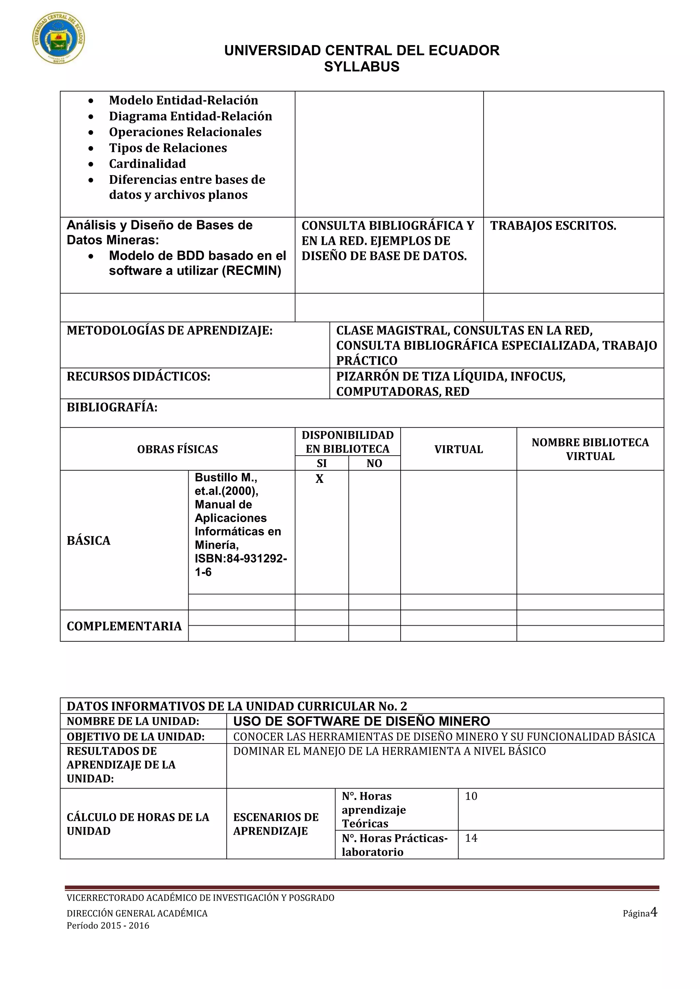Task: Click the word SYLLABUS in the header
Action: tap(361, 67)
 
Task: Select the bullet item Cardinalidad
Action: tap(147, 164)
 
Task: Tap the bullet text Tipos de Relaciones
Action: tap(168, 148)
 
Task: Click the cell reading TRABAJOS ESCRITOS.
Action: tap(553, 226)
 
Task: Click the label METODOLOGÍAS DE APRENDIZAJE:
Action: tap(170, 331)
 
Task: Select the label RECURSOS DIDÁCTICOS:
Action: tap(138, 376)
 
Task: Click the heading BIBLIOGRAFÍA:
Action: tap(112, 407)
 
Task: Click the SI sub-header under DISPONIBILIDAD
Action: tap(322, 463)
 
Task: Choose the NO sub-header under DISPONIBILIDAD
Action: tap(374, 463)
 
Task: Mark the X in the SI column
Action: tap(319, 479)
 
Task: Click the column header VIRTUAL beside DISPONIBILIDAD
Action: tap(458, 449)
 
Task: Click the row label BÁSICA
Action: tap(89, 541)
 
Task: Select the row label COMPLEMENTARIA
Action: tap(124, 626)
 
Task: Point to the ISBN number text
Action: tap(241, 565)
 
